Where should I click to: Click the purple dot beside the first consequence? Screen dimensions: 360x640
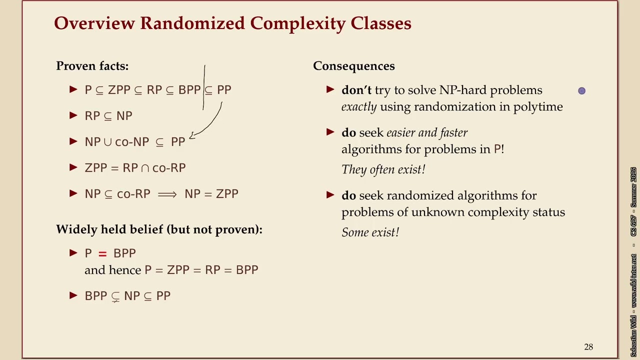pyautogui.click(x=581, y=90)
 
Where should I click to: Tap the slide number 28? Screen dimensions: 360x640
pyautogui.click(x=588, y=347)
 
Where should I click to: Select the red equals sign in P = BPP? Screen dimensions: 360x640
pyautogui.click(x=102, y=253)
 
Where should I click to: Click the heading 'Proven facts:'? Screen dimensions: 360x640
pyautogui.click(x=92, y=66)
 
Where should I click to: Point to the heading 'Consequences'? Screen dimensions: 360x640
pyautogui.click(x=353, y=66)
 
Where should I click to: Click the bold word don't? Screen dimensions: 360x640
pyautogui.click(x=356, y=90)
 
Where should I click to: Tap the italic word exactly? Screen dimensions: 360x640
pyautogui.click(x=359, y=106)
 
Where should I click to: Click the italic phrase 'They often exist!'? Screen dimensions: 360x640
pyautogui.click(x=383, y=169)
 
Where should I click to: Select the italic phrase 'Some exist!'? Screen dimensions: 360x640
pyautogui.click(x=370, y=232)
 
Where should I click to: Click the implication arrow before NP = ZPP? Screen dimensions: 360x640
pyautogui.click(x=167, y=194)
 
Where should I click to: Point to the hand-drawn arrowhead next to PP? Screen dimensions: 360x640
pyautogui.click(x=192, y=135)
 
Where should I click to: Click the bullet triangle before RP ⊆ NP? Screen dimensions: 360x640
pyautogui.click(x=73, y=115)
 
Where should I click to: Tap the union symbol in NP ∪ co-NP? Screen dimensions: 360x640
pyautogui.click(x=108, y=142)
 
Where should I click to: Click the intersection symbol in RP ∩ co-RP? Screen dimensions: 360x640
pyautogui.click(x=145, y=168)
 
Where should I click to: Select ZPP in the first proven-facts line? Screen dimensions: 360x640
pyautogui.click(x=119, y=90)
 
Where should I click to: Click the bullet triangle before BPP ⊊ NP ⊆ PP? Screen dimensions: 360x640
pyautogui.click(x=73, y=295)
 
